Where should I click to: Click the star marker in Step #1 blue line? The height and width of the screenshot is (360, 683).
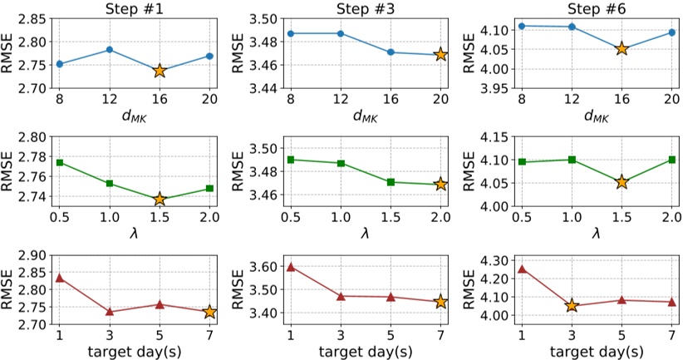tap(160, 71)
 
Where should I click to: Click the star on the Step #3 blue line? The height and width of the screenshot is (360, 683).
tap(440, 54)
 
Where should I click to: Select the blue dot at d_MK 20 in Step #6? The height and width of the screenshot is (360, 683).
tap(672, 32)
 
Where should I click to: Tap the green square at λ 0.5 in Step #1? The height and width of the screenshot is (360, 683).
tap(59, 162)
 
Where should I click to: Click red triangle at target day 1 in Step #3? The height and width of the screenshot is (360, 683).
tap(291, 267)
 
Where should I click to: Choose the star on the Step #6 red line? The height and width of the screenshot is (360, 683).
tap(572, 306)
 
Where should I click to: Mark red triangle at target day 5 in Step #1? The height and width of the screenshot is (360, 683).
tap(160, 304)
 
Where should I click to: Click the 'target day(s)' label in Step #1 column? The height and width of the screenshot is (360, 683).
tap(133, 349)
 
